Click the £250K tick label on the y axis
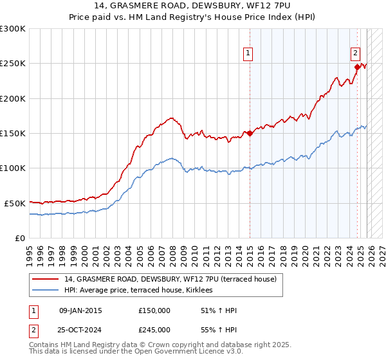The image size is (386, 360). pos(13,64)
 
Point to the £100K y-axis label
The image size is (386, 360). pos(13,168)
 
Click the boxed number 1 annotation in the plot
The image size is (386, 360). pos(248,53)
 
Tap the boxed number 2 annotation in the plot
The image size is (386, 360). pos(355,53)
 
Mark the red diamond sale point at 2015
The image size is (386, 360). pos(250,133)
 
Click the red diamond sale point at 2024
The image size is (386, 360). pos(357,66)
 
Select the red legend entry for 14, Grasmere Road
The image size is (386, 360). pos(170,280)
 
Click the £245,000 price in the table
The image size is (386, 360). pos(154,330)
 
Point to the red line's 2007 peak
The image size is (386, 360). pos(170,118)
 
